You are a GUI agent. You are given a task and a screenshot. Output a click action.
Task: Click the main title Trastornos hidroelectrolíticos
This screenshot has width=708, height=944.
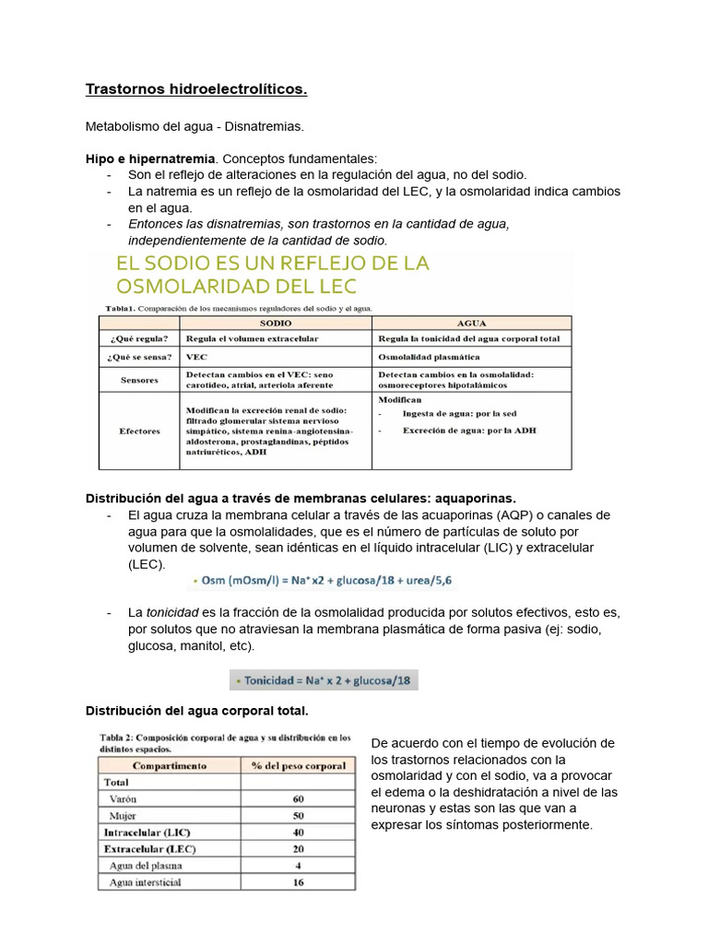[195, 89]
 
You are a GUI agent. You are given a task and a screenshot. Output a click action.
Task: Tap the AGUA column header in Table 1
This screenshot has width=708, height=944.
[472, 324]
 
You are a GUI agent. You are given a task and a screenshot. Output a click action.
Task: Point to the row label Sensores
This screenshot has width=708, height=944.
[138, 379]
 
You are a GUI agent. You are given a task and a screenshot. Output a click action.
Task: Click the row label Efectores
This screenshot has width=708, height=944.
[139, 431]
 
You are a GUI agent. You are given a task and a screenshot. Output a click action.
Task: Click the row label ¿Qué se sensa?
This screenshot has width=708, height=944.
[138, 356]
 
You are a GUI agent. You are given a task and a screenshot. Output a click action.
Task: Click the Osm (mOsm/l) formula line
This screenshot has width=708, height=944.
[321, 581]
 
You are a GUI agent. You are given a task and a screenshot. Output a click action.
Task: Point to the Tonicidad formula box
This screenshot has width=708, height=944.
[324, 681]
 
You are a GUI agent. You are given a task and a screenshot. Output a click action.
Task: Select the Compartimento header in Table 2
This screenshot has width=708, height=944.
[170, 765]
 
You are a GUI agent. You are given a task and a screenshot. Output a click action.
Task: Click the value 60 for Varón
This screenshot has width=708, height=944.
[298, 798]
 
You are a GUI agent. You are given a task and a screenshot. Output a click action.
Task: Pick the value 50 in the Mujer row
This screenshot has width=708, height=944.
[298, 815]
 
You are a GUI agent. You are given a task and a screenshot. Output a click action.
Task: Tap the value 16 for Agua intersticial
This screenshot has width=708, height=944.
[298, 882]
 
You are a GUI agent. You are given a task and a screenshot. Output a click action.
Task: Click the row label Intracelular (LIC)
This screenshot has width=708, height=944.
[147, 832]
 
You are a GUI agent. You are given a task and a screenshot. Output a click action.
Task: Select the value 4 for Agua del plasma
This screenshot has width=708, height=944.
[298, 866]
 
